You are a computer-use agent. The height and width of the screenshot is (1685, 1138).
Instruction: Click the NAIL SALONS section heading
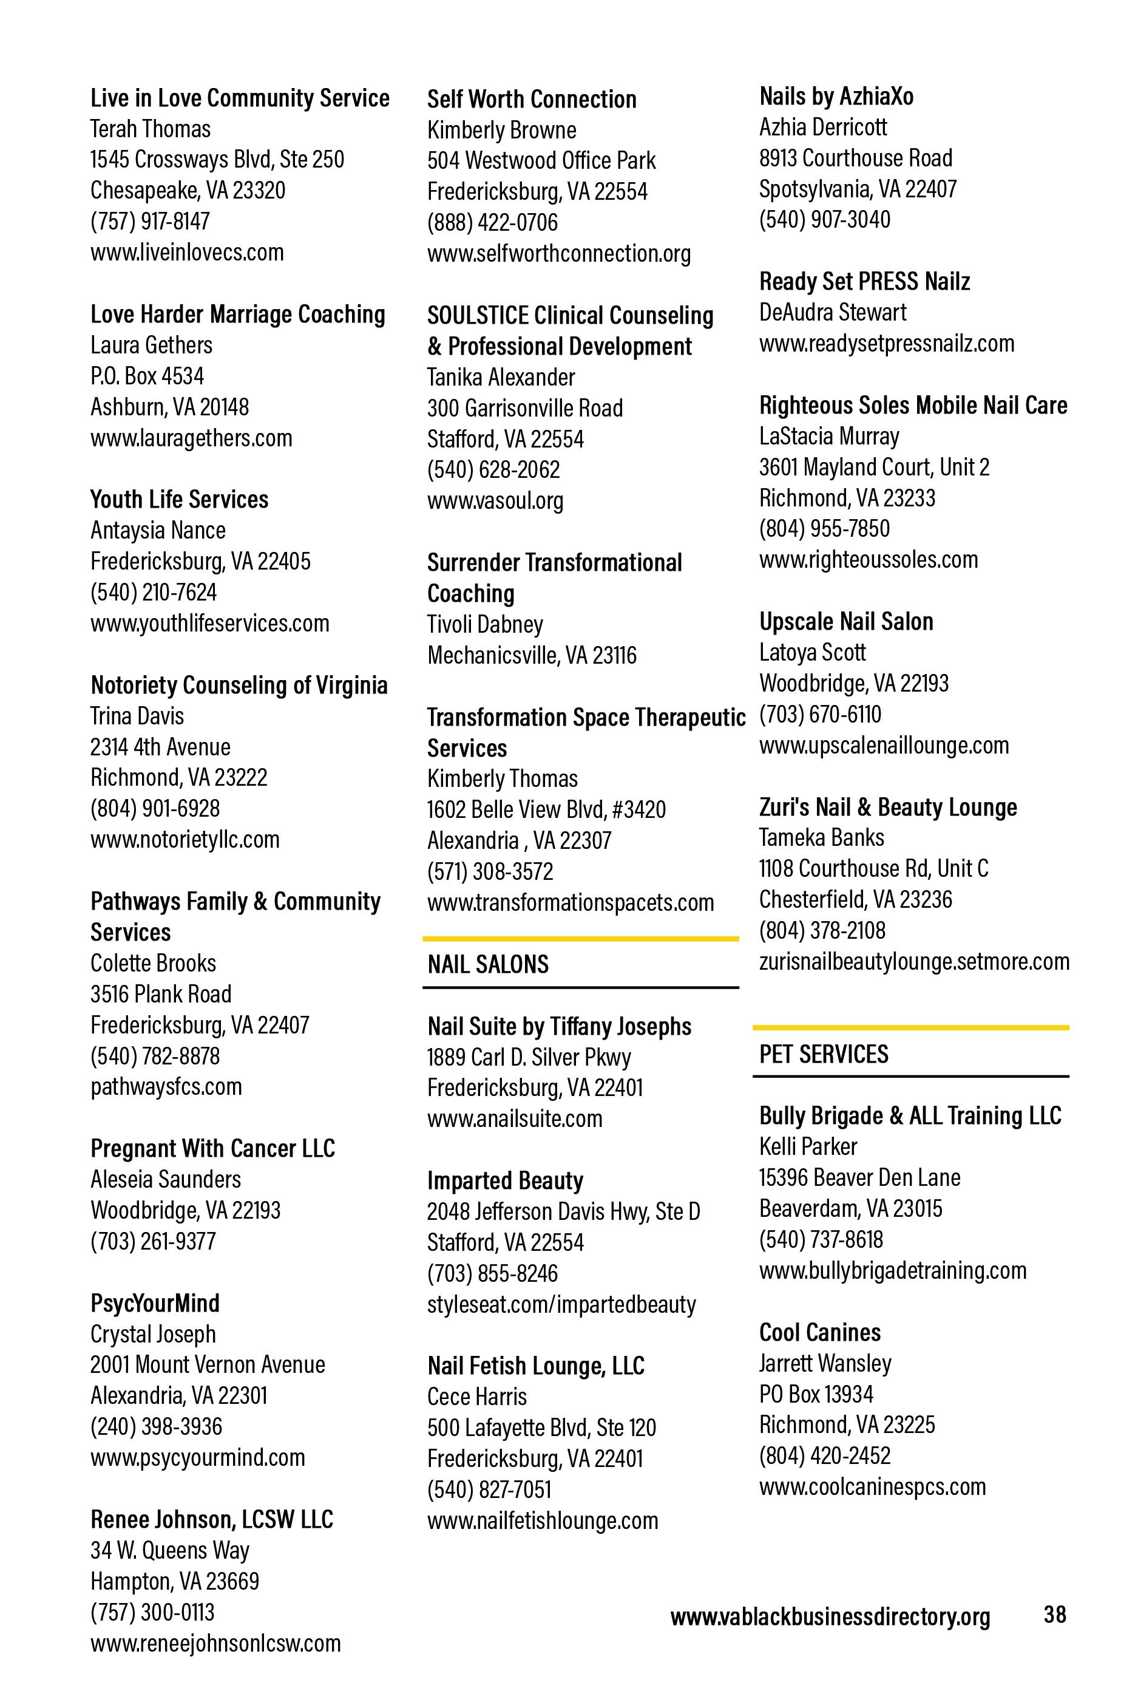[x=488, y=964]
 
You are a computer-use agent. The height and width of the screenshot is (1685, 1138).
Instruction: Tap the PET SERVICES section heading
[x=824, y=1054]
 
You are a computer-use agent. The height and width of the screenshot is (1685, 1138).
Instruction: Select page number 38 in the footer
[x=1055, y=1614]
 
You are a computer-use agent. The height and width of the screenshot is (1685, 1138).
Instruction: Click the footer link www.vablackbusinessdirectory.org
[x=830, y=1616]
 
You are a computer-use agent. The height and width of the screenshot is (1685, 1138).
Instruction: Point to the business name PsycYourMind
[x=154, y=1303]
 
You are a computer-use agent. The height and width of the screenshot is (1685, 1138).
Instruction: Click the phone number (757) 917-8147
[x=150, y=221]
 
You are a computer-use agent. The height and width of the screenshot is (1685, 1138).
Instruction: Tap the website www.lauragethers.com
[x=191, y=438]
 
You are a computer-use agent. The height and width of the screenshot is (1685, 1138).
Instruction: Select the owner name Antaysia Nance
[x=158, y=530]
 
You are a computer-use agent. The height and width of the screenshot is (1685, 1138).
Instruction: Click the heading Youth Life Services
[x=179, y=500]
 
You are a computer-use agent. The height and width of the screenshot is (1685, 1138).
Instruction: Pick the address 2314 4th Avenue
[x=160, y=747]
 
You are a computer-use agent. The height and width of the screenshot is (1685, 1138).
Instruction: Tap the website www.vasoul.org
[x=495, y=500]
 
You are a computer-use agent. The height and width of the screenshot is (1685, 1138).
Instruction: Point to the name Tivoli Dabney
[x=485, y=624]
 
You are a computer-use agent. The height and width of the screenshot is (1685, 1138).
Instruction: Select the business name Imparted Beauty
[x=505, y=1180]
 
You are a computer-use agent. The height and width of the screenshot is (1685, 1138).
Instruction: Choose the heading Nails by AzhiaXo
[x=836, y=97]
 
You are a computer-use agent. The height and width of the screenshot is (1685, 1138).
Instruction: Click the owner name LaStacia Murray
[x=829, y=436]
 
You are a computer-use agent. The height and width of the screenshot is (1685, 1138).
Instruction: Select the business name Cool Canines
[x=820, y=1332]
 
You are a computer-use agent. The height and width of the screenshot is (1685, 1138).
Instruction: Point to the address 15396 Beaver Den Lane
[x=859, y=1177]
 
